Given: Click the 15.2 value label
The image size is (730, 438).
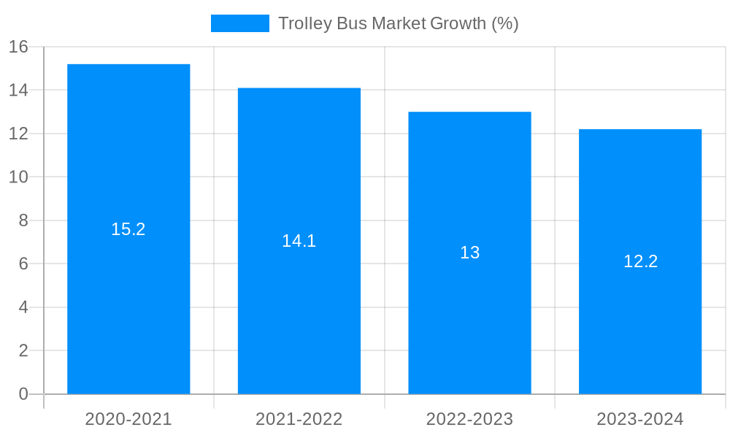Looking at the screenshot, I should click(x=128, y=229).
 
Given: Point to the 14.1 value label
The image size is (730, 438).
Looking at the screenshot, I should click(x=299, y=241).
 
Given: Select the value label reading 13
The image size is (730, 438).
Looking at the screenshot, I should click(x=469, y=253).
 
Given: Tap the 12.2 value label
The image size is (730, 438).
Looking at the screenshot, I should click(x=640, y=261).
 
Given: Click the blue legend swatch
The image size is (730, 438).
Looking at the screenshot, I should click(x=239, y=23).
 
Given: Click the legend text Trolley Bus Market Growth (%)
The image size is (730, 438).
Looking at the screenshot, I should click(x=398, y=23).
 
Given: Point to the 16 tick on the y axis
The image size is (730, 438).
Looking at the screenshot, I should click(x=18, y=47).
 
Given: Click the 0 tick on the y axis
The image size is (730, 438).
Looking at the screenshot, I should click(x=23, y=394).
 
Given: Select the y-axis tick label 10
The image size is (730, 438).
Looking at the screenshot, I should click(x=18, y=177).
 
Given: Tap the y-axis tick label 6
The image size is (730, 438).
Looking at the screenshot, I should click(x=23, y=264).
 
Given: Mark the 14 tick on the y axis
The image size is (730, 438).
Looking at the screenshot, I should click(x=18, y=91).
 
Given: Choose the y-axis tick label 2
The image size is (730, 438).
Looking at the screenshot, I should click(x=23, y=350).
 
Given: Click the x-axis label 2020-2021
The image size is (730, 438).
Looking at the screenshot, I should click(x=128, y=419).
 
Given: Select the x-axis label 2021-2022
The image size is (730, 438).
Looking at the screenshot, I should click(x=299, y=419).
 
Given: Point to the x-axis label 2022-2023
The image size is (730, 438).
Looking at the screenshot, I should click(x=469, y=419).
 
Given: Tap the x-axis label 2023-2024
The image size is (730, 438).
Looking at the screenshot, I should click(x=640, y=419).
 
